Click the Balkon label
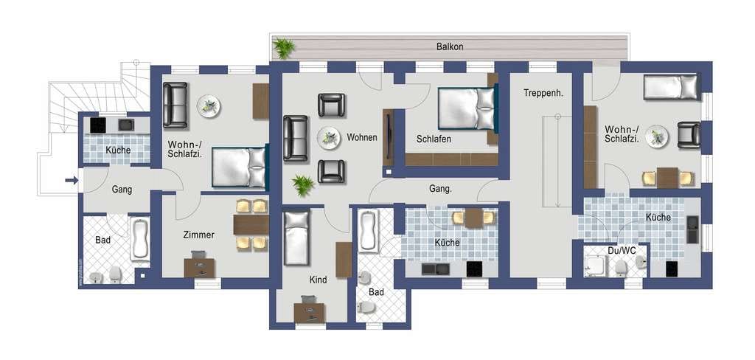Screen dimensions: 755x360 pyautogui.click(x=450, y=46)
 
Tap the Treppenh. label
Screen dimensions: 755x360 pyautogui.click(x=543, y=93)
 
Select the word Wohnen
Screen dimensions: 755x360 pyautogui.click(x=361, y=137)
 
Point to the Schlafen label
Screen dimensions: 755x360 pyautogui.click(x=434, y=139)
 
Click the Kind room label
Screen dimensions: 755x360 pyautogui.click(x=319, y=280)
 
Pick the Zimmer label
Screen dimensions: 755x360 pyautogui.click(x=199, y=235)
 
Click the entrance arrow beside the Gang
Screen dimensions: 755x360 pyautogui.click(x=72, y=180)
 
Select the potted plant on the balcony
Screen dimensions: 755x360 pyautogui.click(x=284, y=48)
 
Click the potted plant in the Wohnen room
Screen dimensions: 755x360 pyautogui.click(x=303, y=185)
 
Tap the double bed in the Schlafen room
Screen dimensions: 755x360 pyautogui.click(x=467, y=108)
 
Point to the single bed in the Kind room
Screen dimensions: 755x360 pyautogui.click(x=296, y=238)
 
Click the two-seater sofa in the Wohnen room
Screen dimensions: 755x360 pyautogui.click(x=295, y=138)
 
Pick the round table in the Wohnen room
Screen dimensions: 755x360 pyautogui.click(x=329, y=138)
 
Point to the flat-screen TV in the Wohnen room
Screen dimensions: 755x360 pyautogui.click(x=388, y=138)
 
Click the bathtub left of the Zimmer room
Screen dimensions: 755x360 pyautogui.click(x=140, y=239)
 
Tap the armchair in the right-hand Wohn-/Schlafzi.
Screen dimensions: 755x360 pyautogui.click(x=689, y=135)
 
